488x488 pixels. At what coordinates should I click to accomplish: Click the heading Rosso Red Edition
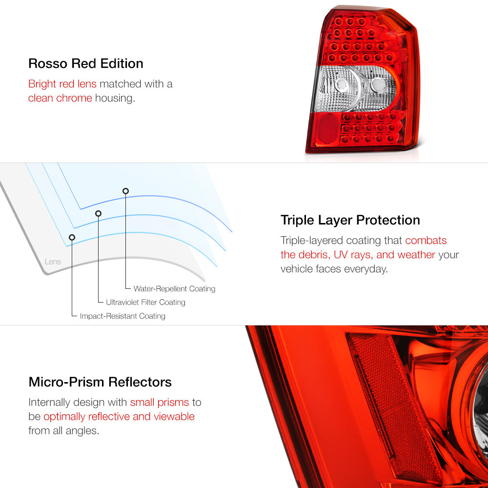pos(85,63)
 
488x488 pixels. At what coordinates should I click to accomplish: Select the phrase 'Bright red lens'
pos(62,84)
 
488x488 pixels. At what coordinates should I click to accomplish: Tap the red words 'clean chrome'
pos(60,98)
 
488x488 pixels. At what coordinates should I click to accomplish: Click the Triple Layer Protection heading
pos(350,220)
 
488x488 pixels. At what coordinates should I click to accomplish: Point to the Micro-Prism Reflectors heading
pos(100,382)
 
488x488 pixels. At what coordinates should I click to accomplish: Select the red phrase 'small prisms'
pos(160,403)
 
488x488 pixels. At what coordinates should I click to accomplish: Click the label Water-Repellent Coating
pos(174,289)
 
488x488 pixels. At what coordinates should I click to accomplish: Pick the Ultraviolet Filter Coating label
pos(145,302)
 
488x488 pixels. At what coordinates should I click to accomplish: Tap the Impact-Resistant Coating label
pos(122,316)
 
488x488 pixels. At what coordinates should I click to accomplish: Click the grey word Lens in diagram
pos(53,262)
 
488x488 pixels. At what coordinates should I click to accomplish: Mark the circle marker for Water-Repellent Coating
pos(125,191)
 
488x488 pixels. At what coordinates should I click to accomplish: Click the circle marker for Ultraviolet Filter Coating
pos(99,214)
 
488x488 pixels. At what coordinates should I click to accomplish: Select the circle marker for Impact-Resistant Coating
pos(72,238)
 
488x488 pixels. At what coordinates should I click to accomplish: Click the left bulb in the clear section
pos(342,84)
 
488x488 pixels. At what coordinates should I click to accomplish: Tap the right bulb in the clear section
pos(378,85)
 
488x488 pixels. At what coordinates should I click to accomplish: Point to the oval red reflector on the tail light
pos(328,128)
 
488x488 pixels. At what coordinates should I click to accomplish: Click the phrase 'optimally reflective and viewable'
pos(119,416)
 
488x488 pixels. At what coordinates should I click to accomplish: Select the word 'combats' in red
pos(426,240)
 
